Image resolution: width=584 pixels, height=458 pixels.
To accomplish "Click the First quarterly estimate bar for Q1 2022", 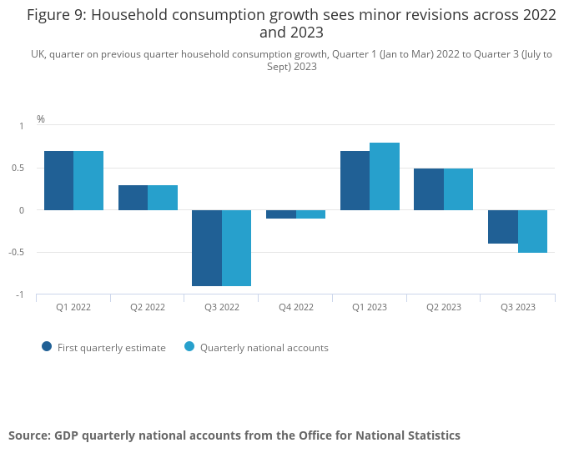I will click(59, 180).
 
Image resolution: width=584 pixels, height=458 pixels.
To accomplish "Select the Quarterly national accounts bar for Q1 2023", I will click(385, 176).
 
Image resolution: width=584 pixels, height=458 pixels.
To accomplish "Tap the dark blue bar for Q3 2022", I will click(207, 248).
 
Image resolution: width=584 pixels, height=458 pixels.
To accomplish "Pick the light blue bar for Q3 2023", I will click(532, 231).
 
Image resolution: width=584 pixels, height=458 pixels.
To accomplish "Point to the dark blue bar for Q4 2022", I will click(281, 214).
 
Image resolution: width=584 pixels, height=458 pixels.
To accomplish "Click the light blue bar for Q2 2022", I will click(163, 198).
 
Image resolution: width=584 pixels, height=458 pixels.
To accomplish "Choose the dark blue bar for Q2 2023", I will click(429, 189).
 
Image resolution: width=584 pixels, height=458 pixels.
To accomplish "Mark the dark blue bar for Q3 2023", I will click(503, 227).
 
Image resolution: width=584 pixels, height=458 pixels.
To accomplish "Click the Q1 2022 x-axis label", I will click(73, 307).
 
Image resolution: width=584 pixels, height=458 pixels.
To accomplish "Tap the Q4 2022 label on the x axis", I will click(296, 307).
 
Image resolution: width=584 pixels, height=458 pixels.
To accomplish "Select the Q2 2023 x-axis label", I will click(444, 307).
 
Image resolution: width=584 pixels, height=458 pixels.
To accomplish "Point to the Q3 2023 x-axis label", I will click(518, 307).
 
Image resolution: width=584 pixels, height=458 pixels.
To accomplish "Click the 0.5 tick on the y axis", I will click(18, 168).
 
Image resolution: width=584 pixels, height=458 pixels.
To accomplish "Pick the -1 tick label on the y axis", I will click(20, 295).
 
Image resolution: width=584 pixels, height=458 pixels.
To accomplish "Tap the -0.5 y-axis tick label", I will click(16, 253).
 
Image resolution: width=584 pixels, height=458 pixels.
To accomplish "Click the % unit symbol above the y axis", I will click(41, 119).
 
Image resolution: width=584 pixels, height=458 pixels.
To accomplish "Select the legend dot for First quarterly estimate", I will click(47, 347).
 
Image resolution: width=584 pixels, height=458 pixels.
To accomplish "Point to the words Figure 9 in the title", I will click(55, 14).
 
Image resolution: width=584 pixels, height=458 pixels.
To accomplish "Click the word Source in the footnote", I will click(28, 435).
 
